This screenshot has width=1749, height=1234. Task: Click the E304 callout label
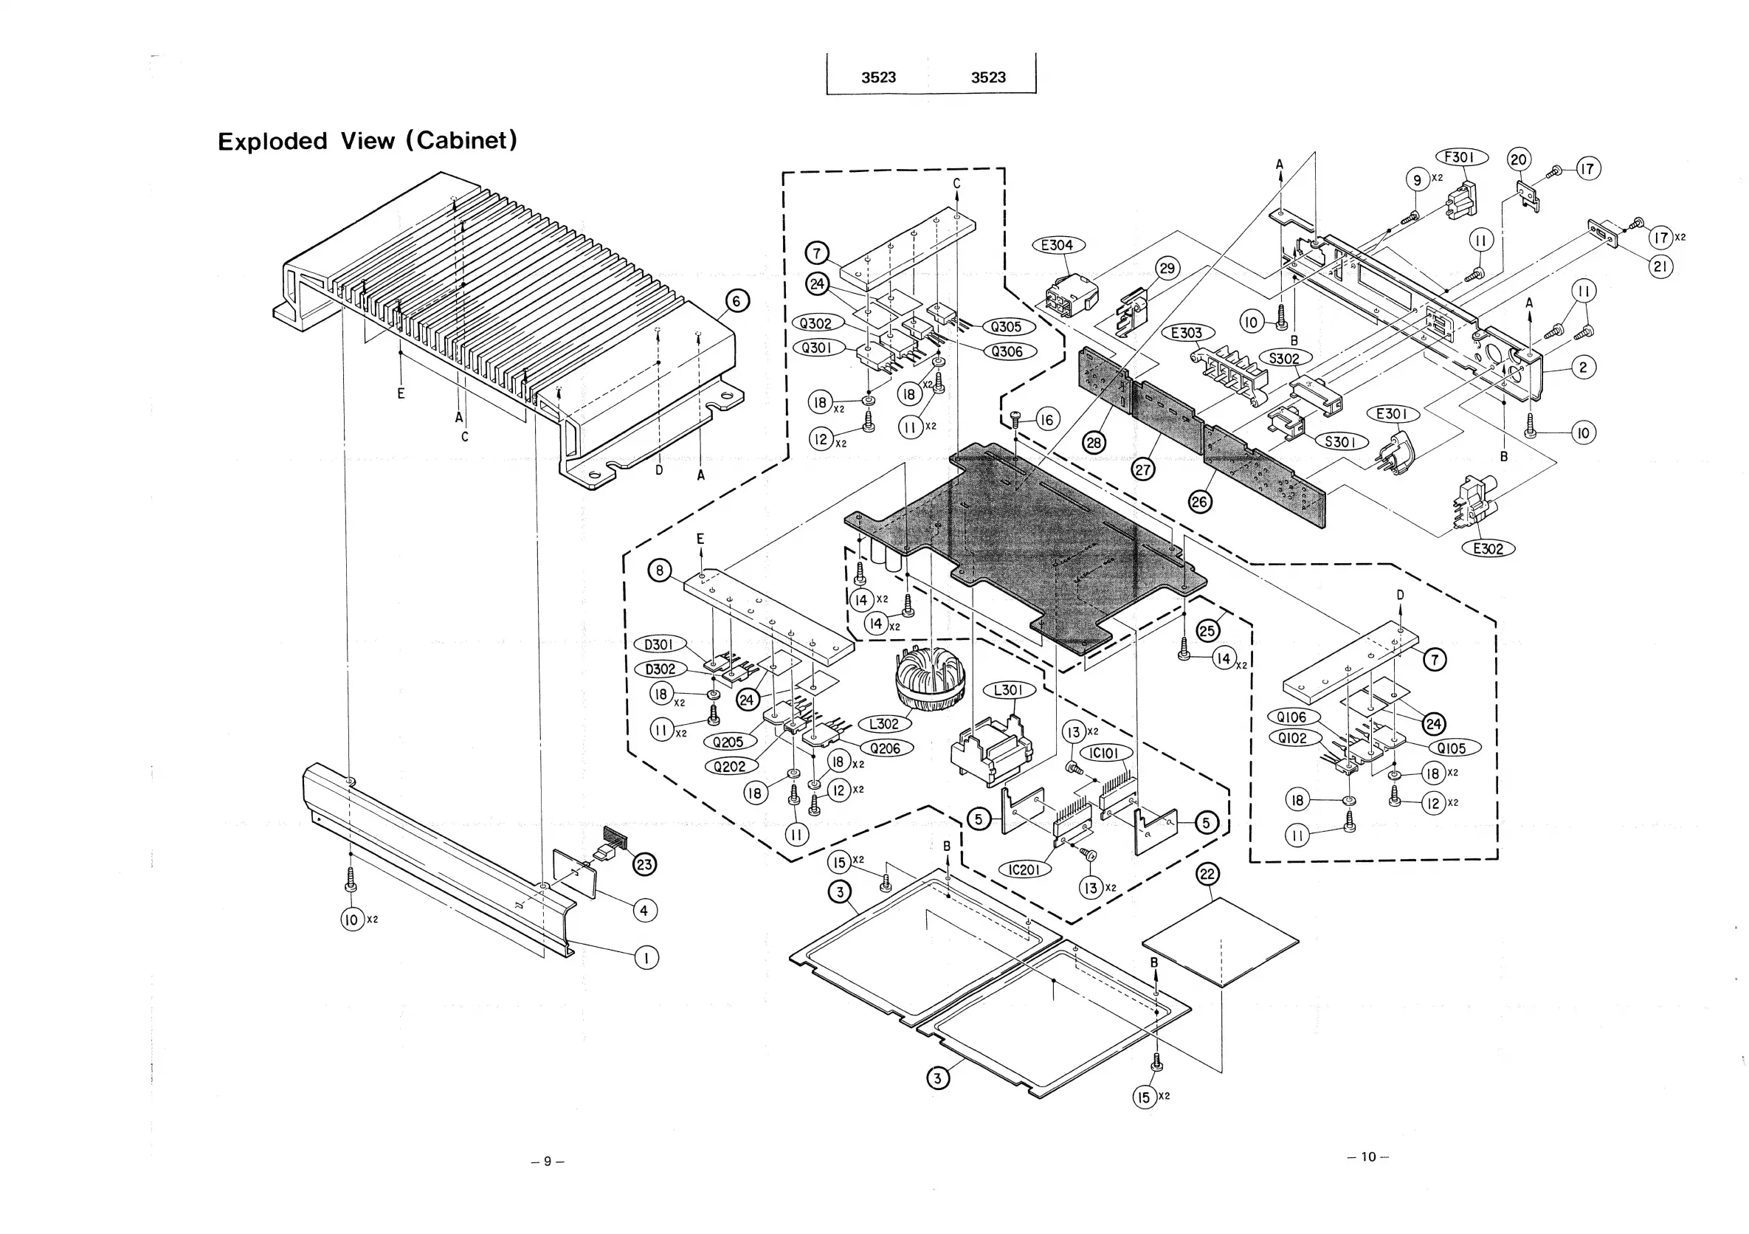pos(1057,244)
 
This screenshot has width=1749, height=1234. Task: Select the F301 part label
pos(1460,157)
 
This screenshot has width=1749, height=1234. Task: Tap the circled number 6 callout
pos(736,301)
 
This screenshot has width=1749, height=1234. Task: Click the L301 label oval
pos(1009,690)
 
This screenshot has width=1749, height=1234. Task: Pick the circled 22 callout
pos(1207,874)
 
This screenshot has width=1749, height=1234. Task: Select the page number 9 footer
pos(548,1162)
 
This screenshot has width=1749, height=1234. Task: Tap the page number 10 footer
pos(1368,1157)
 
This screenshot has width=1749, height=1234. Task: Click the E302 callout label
pos(1488,548)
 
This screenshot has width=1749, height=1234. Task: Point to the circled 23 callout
pos(644,864)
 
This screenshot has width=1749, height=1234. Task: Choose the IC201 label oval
pos(1024,870)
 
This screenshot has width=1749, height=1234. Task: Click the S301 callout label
pos(1341,442)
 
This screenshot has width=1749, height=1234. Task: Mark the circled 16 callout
pos(1047,419)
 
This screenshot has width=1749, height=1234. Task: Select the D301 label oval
pos(659,644)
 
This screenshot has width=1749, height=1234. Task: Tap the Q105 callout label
pos(1451,748)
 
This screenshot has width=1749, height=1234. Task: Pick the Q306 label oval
pos(1007,351)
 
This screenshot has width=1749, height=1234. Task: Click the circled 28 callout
pos(1094,443)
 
